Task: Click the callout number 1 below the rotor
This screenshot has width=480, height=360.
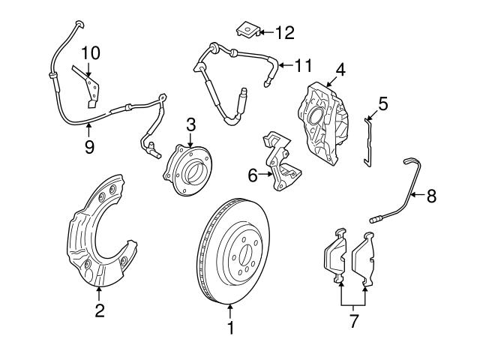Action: [231, 328]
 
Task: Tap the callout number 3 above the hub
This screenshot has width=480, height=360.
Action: [190, 123]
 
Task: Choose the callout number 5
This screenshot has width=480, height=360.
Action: [382, 103]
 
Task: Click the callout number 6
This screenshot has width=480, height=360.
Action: [253, 175]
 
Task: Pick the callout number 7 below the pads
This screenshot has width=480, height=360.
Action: [354, 322]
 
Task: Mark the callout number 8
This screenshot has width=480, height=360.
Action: [430, 196]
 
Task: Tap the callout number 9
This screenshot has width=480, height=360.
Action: [89, 146]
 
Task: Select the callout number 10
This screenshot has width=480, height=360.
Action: [90, 52]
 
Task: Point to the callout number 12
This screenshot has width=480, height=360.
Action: [285, 32]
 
